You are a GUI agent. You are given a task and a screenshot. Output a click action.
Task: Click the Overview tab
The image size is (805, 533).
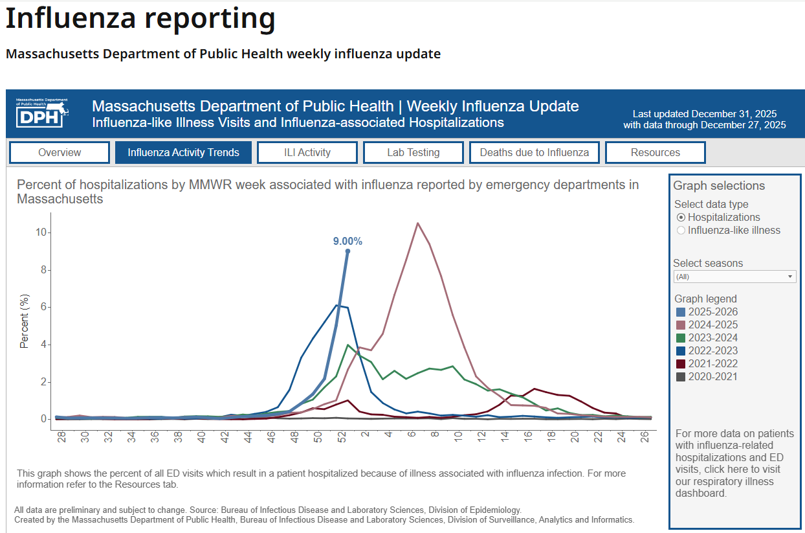[x=60, y=153]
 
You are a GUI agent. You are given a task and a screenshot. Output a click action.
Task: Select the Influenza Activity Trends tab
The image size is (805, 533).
[x=183, y=153]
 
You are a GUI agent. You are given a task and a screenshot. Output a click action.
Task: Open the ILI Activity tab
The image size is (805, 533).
[x=307, y=153]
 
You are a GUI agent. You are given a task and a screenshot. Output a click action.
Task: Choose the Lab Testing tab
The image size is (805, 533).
[x=413, y=153]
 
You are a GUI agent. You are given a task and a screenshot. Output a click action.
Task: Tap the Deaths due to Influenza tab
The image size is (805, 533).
[x=534, y=153]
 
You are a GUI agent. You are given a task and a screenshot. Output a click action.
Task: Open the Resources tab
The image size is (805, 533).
[x=655, y=153]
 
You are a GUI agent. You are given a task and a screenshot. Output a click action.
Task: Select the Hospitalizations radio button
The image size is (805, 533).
[x=681, y=218]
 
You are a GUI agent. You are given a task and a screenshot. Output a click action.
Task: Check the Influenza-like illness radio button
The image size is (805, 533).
[x=681, y=231]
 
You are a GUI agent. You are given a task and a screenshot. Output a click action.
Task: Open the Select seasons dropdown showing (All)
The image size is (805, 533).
[x=734, y=277]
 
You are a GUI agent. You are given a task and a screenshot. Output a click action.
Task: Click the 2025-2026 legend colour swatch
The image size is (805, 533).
[x=680, y=312]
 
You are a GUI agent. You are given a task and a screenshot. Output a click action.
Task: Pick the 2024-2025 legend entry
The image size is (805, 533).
[x=712, y=325]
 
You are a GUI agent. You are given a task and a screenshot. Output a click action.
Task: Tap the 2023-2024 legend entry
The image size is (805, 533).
[x=712, y=338]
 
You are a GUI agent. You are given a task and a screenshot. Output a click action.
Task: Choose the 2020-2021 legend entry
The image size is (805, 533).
[x=712, y=377]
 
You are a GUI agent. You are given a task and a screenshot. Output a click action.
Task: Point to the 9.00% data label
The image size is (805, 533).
[x=347, y=242]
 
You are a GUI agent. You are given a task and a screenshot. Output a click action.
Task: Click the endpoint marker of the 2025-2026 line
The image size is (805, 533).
[x=347, y=251]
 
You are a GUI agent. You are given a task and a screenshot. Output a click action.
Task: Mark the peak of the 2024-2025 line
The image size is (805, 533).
[x=417, y=223]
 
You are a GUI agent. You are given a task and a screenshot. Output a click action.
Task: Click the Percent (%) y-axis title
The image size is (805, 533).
[x=25, y=322]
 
